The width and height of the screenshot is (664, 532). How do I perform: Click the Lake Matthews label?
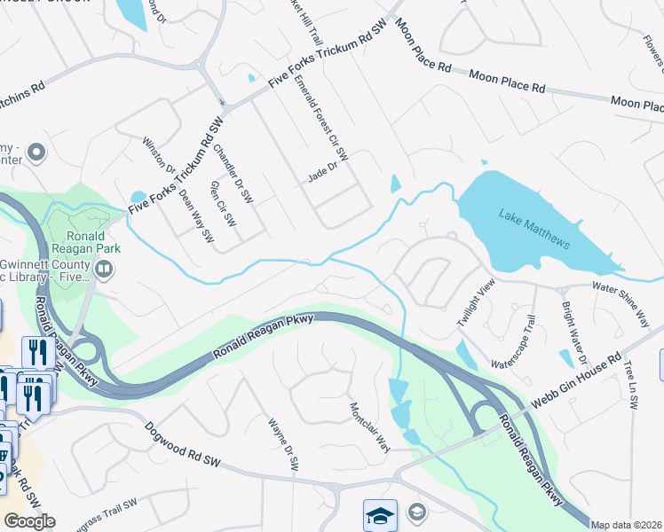click(534, 229)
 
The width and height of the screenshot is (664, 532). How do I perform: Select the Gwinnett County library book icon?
click(104, 269)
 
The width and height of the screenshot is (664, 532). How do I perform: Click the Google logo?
click(29, 521)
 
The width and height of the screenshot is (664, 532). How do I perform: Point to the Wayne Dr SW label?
click(284, 445)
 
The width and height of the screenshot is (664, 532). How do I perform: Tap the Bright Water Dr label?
click(573, 332)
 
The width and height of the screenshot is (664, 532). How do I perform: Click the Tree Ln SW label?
click(630, 385)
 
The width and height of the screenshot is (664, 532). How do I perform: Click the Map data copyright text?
click(626, 525)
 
